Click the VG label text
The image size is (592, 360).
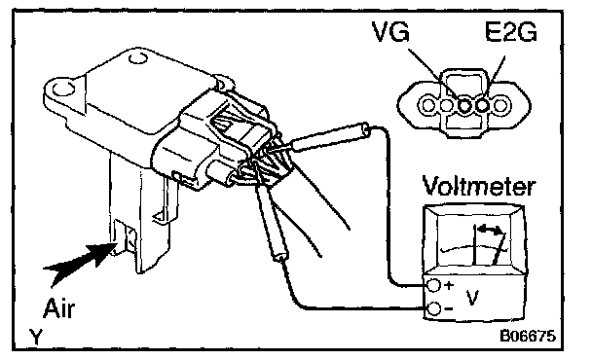[x=390, y=31]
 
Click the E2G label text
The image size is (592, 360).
[x=510, y=31]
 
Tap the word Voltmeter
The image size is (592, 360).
[x=478, y=186]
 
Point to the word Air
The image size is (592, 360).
[x=59, y=308]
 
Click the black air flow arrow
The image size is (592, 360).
[x=81, y=261]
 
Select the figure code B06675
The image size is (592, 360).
[x=528, y=335]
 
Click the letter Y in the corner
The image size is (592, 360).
[x=36, y=337]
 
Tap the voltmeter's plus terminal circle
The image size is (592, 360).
[x=434, y=285]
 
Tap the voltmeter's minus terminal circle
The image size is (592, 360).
[x=434, y=309]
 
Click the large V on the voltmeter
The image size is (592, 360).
[x=472, y=298]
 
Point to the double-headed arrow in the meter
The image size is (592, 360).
[x=491, y=229]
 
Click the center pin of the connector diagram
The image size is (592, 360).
[x=464, y=105]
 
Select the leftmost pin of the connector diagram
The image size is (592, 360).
[x=428, y=105]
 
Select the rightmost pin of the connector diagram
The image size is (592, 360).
[x=500, y=105]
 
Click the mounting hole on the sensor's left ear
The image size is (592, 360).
[x=63, y=90]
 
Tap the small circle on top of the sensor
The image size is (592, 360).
[x=137, y=59]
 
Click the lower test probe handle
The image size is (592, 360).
[x=271, y=223]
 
